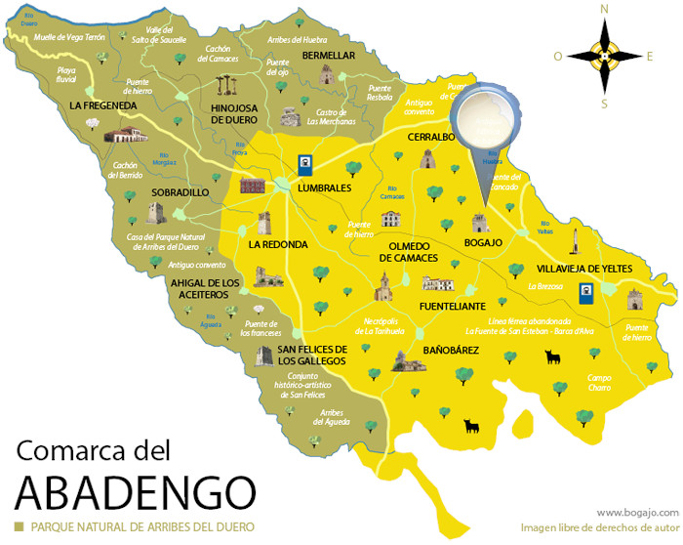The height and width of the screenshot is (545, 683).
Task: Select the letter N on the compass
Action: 604,10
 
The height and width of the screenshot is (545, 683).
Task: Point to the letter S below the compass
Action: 604,104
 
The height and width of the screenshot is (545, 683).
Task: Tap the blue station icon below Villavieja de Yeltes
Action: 585,291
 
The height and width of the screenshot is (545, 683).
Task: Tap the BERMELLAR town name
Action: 329,56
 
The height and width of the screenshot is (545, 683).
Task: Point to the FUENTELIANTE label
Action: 452,306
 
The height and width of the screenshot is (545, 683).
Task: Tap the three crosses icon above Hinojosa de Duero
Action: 227,84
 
